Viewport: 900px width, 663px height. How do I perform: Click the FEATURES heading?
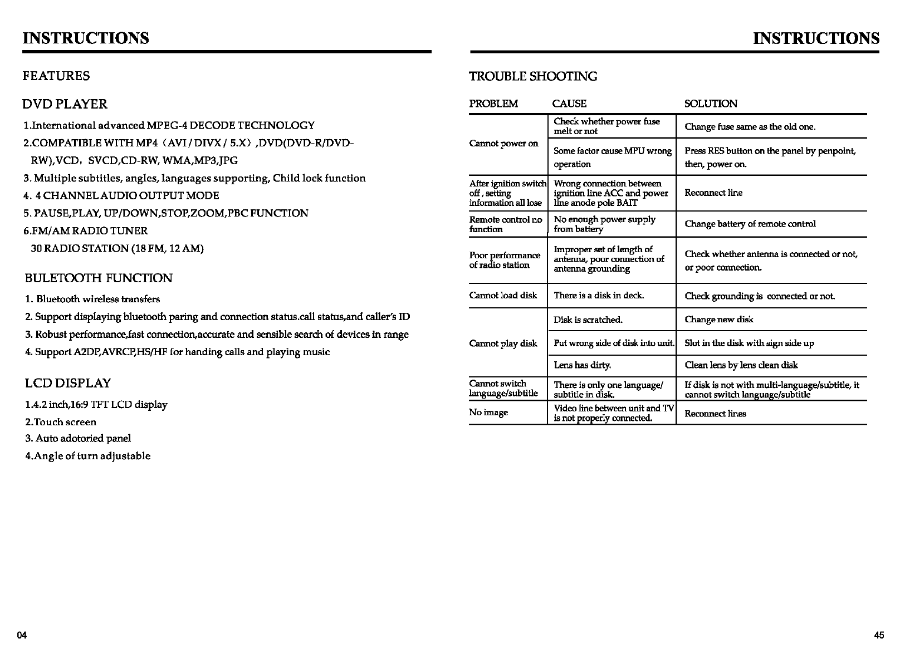56,76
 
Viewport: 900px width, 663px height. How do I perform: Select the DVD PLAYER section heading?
65,104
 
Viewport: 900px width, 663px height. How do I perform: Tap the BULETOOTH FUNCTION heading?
99,278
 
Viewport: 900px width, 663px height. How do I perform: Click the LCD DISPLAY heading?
67,383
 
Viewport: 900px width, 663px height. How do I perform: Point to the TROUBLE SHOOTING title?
533,76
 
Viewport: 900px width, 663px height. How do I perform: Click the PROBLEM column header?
493,104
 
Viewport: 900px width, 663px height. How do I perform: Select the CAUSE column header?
569,104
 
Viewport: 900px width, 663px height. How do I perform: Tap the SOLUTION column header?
711,104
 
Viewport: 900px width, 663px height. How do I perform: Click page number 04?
22,636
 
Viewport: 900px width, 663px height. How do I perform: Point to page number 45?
879,636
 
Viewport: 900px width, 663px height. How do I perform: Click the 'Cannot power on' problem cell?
503,144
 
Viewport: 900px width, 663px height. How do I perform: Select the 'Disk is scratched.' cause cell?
588,320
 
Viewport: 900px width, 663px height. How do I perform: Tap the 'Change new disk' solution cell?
719,320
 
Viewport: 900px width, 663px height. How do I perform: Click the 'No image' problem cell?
488,412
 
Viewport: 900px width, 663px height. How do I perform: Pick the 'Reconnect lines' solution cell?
715,414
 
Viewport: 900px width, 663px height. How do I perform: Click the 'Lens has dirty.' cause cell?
582,365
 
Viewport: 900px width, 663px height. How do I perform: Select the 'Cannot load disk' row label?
503,296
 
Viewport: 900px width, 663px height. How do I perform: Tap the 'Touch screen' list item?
61,422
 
